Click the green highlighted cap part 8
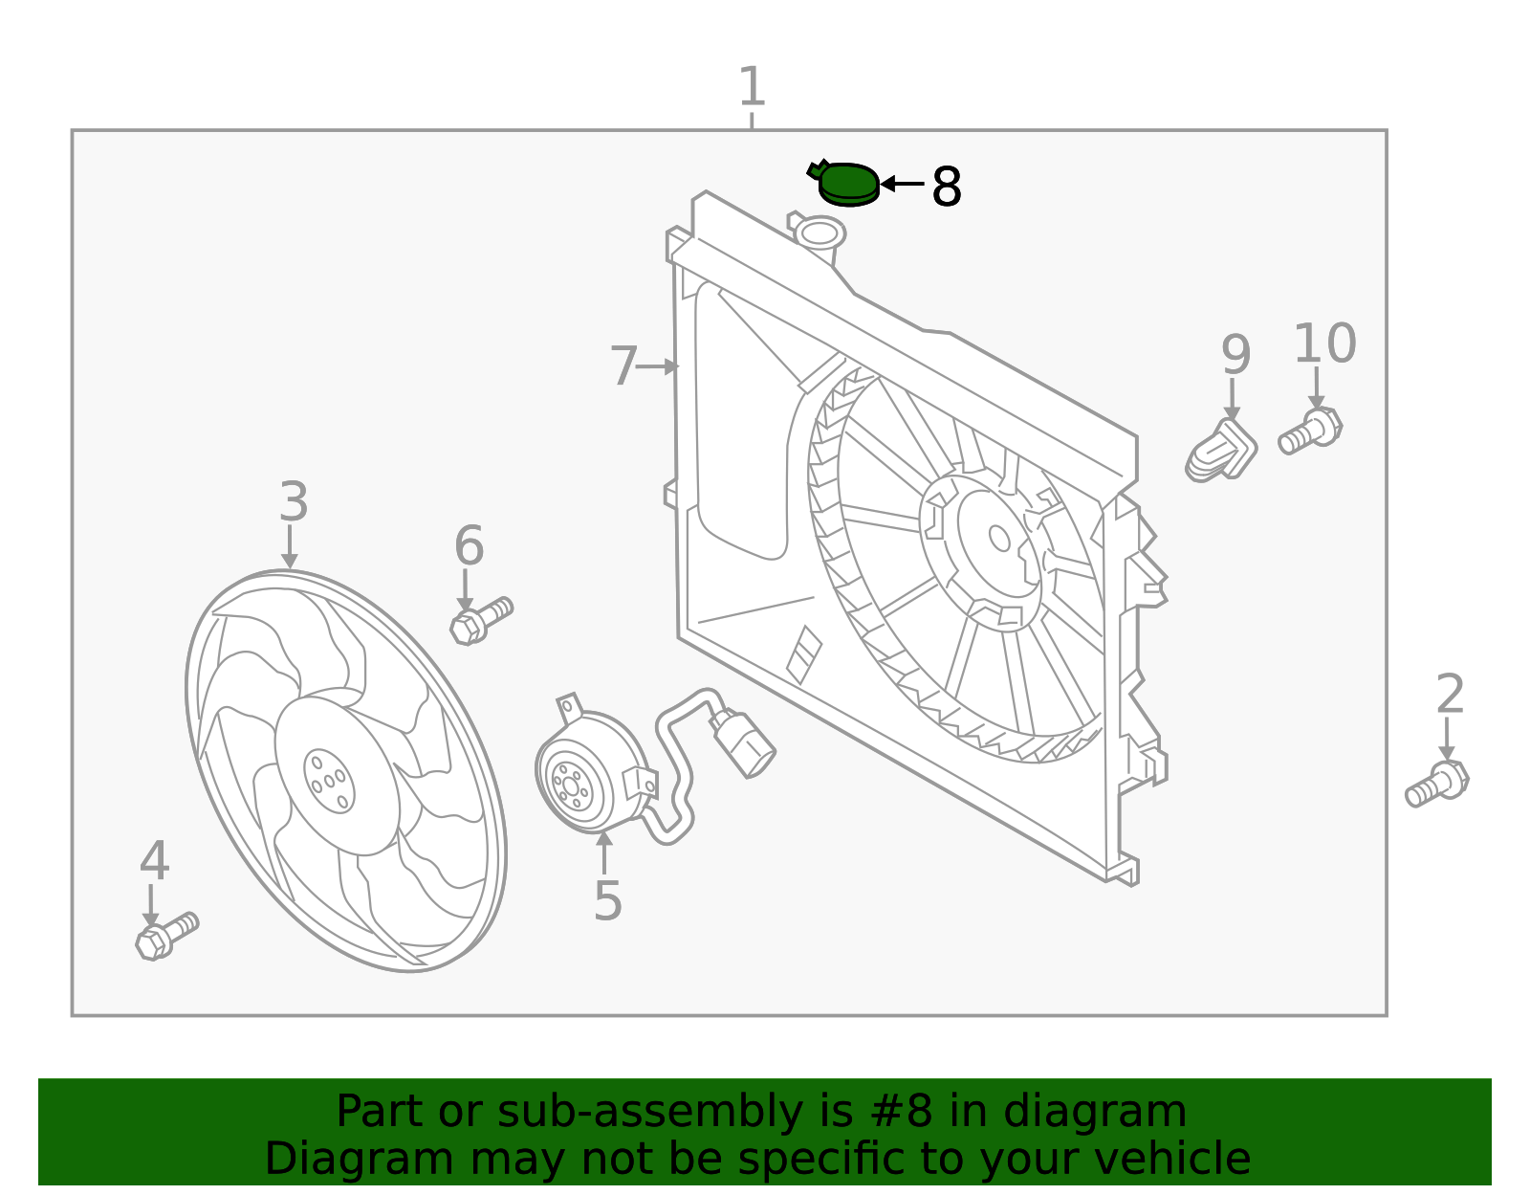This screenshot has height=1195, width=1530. tap(848, 184)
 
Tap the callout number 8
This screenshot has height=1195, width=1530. tap(946, 188)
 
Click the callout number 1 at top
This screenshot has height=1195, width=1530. tap(752, 87)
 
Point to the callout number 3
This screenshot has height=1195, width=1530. tap(294, 502)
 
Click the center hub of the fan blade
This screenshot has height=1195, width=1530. tap(329, 781)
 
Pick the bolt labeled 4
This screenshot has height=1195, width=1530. tap(166, 936)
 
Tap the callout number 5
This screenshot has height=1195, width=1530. tap(607, 901)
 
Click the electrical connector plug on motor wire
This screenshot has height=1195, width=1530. tap(743, 743)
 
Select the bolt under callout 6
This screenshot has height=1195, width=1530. tap(481, 620)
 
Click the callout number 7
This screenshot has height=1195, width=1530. tap(623, 367)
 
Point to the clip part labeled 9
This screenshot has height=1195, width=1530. tap(1221, 451)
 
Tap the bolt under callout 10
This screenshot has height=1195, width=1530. tap(1311, 431)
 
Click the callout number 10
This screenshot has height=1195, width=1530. tap(1324, 344)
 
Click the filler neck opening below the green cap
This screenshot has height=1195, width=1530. tap(820, 232)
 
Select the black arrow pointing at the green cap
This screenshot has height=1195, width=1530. tap(901, 184)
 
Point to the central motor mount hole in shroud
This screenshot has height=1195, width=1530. tap(999, 539)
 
